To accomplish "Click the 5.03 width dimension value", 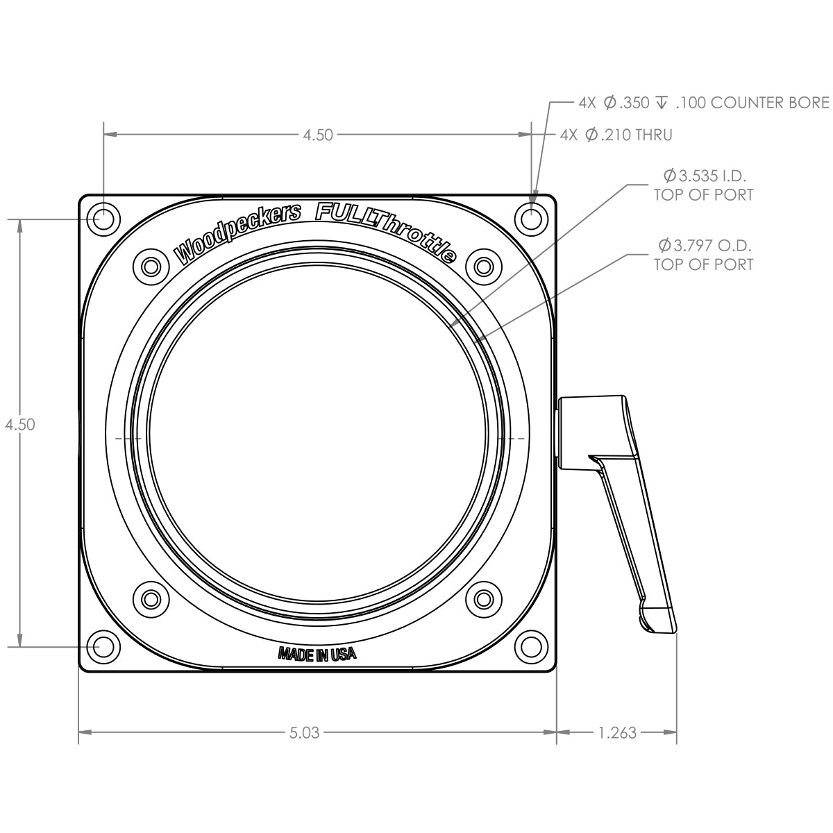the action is tap(304, 732).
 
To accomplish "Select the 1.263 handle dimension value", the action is tap(617, 732).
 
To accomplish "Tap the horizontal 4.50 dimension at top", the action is tap(318, 135).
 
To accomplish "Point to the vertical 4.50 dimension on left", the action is tap(20, 425).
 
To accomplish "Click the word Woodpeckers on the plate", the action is tap(237, 233).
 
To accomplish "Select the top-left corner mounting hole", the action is tap(103, 219).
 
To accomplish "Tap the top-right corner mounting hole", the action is tap(532, 219).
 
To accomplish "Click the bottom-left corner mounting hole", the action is tap(103, 647).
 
